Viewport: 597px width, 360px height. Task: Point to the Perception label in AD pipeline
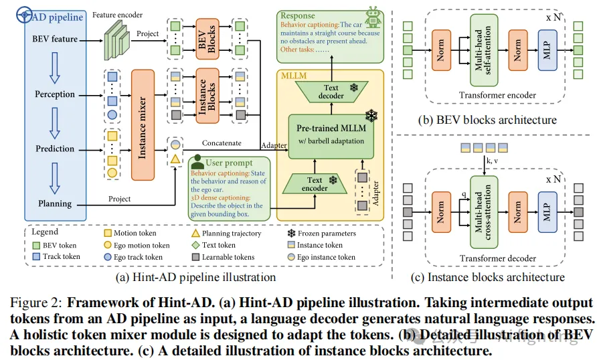point(55,94)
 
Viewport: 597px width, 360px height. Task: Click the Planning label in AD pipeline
point(55,203)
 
